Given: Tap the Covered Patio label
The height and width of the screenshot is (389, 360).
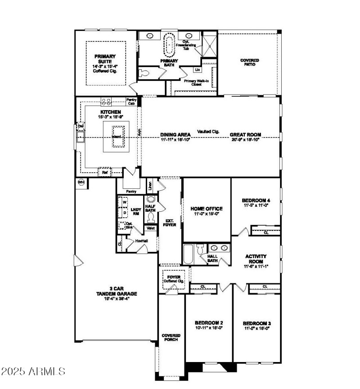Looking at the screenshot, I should (249, 62).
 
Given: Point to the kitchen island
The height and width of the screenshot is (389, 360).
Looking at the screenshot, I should (117, 140).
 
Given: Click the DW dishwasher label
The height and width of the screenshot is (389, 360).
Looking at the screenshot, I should (81, 126).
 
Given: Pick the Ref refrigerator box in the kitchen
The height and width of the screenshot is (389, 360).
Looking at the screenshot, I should (104, 172).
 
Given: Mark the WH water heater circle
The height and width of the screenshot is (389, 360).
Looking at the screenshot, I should (81, 182).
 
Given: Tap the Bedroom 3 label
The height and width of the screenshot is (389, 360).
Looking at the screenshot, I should (257, 323).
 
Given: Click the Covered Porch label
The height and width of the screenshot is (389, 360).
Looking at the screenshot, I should (171, 338).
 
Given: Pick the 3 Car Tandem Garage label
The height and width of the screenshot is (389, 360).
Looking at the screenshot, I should (116, 291).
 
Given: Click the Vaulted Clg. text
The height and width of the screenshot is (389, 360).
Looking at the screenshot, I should (208, 131).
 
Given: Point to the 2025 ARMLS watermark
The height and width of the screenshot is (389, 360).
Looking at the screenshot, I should (34, 372).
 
